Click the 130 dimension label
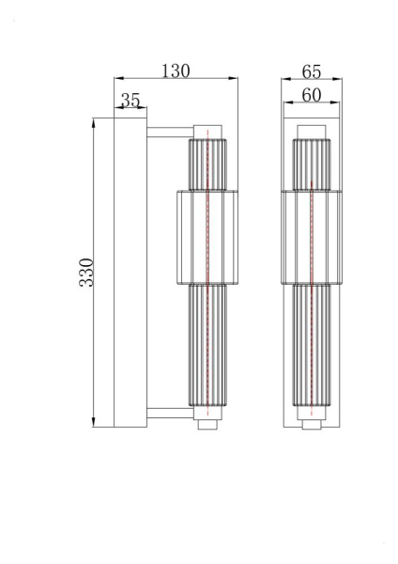[x=176, y=70]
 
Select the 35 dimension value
[x=130, y=100]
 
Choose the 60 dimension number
[x=313, y=94]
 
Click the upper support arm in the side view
[x=168, y=130]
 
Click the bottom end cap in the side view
[x=207, y=424]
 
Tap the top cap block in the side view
[x=207, y=129]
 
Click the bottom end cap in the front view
[x=311, y=424]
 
